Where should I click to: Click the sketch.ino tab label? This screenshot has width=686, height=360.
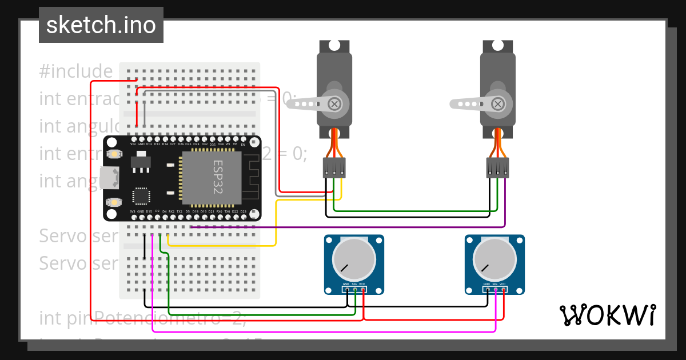(x=101, y=25)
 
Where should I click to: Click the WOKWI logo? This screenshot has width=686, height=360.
(x=607, y=315)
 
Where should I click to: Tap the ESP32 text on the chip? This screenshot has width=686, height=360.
(x=219, y=177)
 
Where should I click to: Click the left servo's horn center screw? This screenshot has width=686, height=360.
(x=334, y=104)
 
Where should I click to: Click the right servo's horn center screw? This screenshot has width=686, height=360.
(x=498, y=104)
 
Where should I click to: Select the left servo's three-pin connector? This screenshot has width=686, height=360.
(x=334, y=168)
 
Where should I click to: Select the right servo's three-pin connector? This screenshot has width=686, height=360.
(x=497, y=168)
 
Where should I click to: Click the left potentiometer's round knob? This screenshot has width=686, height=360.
(x=354, y=259)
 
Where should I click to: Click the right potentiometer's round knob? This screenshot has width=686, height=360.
(x=494, y=259)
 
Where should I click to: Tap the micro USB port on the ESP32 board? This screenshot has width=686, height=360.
(x=107, y=177)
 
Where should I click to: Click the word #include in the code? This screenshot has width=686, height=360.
(x=76, y=71)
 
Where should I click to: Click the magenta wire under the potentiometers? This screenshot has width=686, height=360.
(x=320, y=331)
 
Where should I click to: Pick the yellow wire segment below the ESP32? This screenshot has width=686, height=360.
(x=229, y=246)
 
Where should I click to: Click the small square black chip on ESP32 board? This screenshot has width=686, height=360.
(x=140, y=196)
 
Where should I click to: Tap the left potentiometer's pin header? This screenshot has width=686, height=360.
(x=354, y=289)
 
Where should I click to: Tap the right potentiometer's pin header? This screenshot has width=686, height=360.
(x=494, y=289)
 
